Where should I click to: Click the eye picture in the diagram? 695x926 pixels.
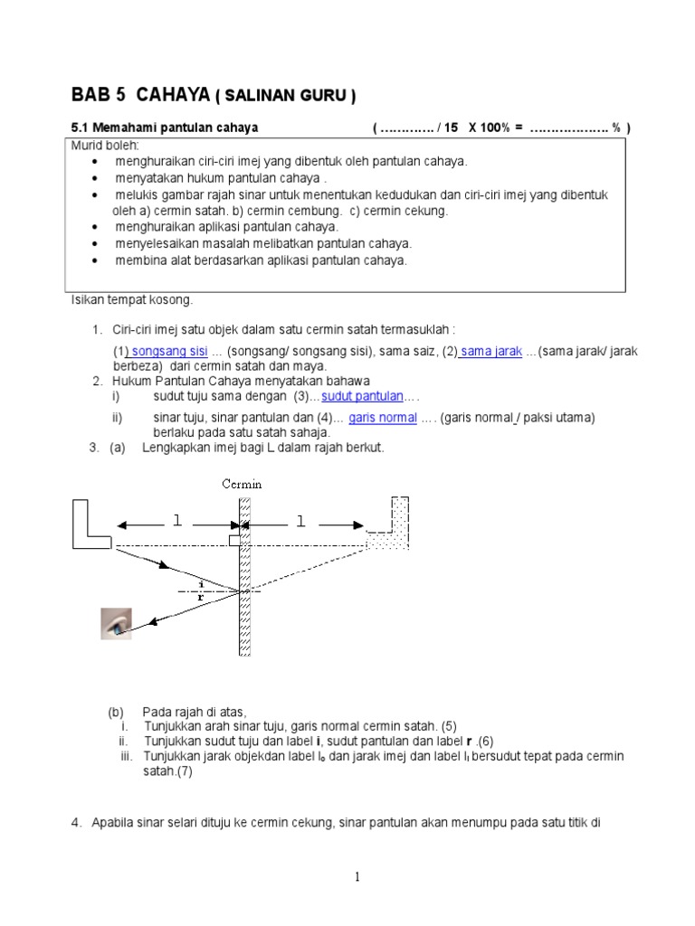[x=116, y=623]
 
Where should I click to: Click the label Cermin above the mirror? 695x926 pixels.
[x=243, y=484]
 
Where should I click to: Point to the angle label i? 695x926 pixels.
[x=200, y=582]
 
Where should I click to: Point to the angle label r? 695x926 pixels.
[x=200, y=597]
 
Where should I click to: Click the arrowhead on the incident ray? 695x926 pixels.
[x=164, y=566]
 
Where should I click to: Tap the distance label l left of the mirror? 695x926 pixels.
[x=177, y=522]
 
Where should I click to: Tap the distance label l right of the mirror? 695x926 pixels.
[x=300, y=522]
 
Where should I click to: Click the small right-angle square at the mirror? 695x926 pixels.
[x=234, y=540]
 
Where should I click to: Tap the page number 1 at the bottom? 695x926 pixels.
[x=358, y=876]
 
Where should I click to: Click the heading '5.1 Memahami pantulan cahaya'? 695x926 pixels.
[x=164, y=128]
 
